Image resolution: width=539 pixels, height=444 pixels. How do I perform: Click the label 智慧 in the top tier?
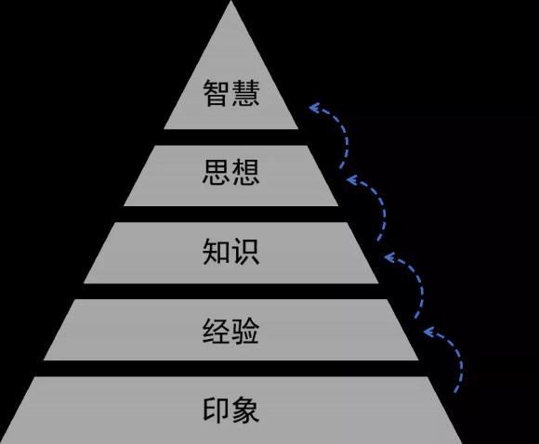(231, 93)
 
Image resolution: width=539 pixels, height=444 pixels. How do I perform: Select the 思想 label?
(231, 172)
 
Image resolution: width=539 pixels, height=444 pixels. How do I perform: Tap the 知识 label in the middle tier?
(231, 252)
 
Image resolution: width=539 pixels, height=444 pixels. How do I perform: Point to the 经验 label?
(231, 331)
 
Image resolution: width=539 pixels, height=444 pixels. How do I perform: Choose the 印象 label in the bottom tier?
(231, 410)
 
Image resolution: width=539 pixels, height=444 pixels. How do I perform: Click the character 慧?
(245, 93)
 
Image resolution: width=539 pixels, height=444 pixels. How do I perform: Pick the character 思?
(217, 172)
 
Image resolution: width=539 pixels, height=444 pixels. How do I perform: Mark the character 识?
(245, 252)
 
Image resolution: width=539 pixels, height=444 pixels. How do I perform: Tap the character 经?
(217, 331)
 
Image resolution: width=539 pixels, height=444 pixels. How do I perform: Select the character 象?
(245, 410)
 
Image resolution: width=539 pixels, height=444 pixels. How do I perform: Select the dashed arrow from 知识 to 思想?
(383, 206)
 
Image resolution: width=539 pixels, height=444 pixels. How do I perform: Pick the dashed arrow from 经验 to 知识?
(421, 283)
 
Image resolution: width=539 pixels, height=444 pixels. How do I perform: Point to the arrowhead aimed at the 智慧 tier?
(313, 108)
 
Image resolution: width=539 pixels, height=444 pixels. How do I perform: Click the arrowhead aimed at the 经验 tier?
(428, 332)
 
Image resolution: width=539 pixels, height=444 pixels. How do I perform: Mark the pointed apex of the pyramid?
(231, 1)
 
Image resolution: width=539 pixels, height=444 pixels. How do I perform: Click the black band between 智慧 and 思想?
(231, 137)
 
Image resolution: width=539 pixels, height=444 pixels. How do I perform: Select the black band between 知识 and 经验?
(231, 291)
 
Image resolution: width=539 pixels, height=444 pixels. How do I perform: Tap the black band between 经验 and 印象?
(231, 369)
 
